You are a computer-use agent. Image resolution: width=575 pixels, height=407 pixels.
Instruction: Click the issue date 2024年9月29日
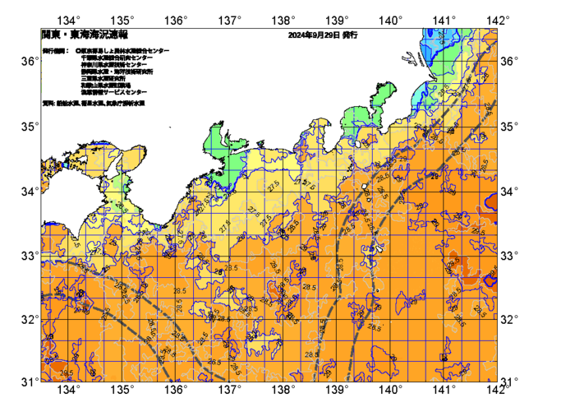click(x=313, y=36)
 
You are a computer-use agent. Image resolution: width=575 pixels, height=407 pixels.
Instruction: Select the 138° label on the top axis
click(x=283, y=20)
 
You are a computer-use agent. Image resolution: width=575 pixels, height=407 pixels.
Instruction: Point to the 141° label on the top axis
click(x=444, y=20)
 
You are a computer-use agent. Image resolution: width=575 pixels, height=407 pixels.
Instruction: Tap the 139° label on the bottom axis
click(x=337, y=389)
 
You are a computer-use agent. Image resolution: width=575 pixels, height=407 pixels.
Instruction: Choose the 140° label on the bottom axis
click(x=390, y=389)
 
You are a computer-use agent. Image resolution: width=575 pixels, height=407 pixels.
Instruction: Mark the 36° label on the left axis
click(x=28, y=62)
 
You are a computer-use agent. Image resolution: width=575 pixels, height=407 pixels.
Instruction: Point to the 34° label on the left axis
click(x=28, y=192)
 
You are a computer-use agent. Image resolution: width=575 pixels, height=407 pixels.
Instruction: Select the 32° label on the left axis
click(x=28, y=319)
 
